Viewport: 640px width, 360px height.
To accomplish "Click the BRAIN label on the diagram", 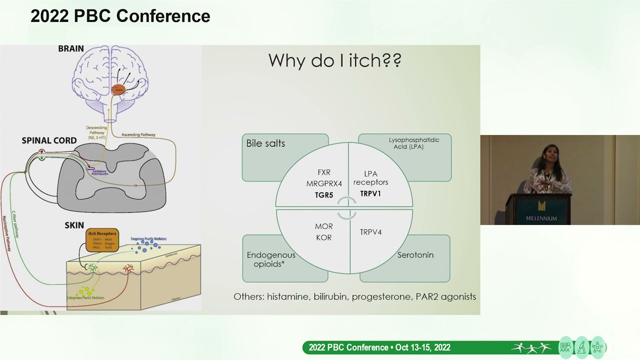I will point(71,48).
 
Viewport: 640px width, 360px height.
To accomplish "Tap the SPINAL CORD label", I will point(49,140).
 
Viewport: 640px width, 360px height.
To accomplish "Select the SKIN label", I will point(74,225).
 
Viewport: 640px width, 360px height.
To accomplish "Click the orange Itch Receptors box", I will point(102,240).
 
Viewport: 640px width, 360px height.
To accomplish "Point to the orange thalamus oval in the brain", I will point(118,90).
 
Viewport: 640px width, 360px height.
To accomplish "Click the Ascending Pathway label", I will point(138,134).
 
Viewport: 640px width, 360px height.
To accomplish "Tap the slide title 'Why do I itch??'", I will point(334,60).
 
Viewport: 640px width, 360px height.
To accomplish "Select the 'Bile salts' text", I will point(265,143).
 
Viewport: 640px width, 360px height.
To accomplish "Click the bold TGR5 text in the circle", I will point(324,195).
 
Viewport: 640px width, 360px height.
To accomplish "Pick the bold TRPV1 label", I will point(370,193).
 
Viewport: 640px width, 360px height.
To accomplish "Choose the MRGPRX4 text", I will point(324,183).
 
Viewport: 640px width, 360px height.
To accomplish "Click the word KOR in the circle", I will point(324,237).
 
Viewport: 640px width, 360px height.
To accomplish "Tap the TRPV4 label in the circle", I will point(370,232).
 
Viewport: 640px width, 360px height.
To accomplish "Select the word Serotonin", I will point(415,255).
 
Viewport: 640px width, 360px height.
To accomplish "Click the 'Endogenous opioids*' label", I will point(271,259).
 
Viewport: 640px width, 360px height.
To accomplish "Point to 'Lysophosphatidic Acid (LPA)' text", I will point(414,143).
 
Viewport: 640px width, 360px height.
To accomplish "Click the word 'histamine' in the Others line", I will point(287,296).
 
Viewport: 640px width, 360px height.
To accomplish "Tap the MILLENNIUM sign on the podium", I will point(541,218).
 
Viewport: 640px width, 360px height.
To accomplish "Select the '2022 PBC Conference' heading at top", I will point(120,16).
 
